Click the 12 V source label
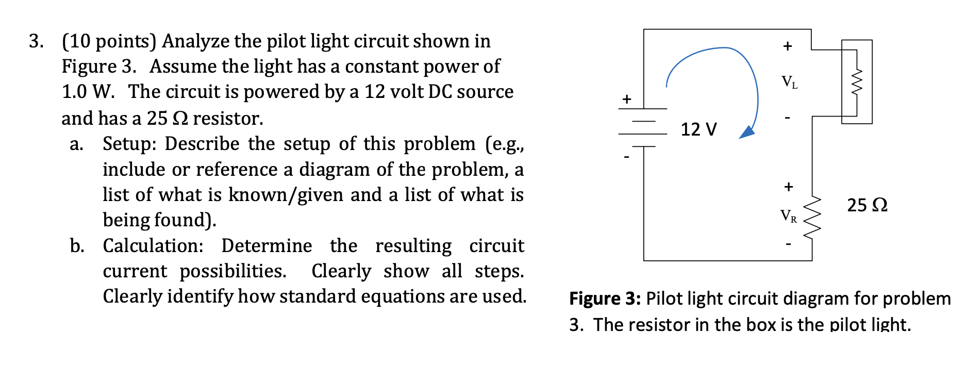tap(698, 129)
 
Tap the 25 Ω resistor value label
tap(867, 205)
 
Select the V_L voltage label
tap(789, 82)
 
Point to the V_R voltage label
tap(788, 215)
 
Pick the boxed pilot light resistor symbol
tap(857, 81)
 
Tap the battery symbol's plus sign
tap(626, 98)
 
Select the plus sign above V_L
tap(787, 46)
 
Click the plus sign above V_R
tap(788, 186)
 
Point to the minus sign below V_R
tap(788, 245)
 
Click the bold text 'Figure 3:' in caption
tap(604, 298)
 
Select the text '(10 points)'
tap(109, 41)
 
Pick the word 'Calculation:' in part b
tap(153, 246)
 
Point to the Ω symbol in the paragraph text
tap(180, 119)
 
